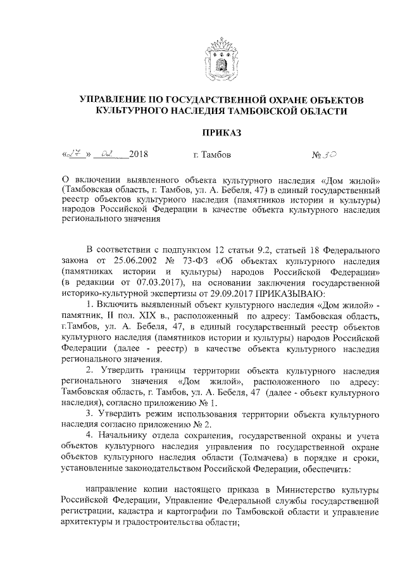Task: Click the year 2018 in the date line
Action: pos(139,154)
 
